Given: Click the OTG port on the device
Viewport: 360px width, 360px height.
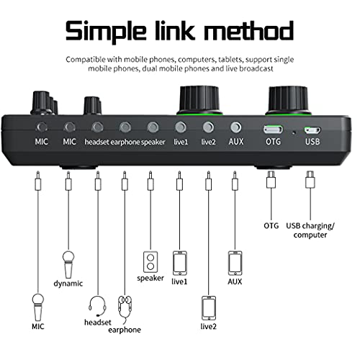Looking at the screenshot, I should tap(272, 130).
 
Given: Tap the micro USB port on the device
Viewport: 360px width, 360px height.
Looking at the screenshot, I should tap(311, 130).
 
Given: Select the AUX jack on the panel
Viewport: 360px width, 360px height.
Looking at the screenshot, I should tap(235, 127).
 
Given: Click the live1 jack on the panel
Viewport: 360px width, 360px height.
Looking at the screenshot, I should tap(180, 127).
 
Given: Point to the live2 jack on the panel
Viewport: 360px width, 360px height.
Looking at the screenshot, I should tap(208, 127).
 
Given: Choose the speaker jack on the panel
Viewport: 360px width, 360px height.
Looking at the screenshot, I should tap(152, 127).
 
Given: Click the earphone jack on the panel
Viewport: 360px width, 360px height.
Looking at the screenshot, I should tap(125, 127).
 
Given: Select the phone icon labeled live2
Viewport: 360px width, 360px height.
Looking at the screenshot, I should tap(209, 307).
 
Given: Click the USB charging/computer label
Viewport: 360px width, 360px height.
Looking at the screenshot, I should tap(310, 230).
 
